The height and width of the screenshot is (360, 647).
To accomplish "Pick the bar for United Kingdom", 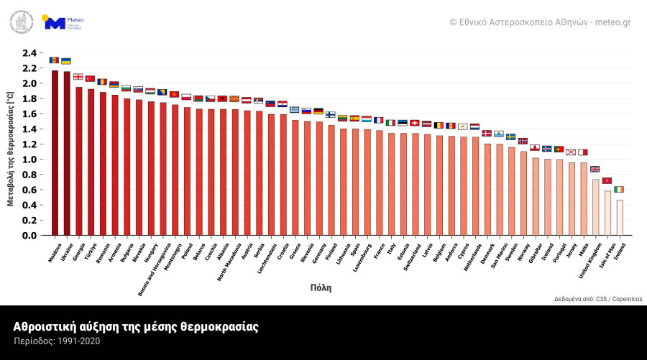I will pyautogui.click(x=595, y=208).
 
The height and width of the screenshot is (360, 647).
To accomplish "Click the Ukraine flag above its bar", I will pyautogui.click(x=66, y=61).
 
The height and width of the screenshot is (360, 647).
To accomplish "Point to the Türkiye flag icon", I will pyautogui.click(x=90, y=78).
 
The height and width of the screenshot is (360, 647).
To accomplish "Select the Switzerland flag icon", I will pyautogui.click(x=415, y=123).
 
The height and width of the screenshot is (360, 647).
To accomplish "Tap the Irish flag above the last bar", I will pyautogui.click(x=619, y=189).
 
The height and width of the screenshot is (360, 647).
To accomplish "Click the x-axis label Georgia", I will pyautogui.click(x=79, y=249).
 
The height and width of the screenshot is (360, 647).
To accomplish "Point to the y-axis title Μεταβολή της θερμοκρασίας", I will pyautogui.click(x=10, y=149).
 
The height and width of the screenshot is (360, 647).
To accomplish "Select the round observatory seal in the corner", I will pyautogui.click(x=21, y=22).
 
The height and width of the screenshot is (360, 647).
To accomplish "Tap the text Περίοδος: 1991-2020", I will pyautogui.click(x=57, y=341).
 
